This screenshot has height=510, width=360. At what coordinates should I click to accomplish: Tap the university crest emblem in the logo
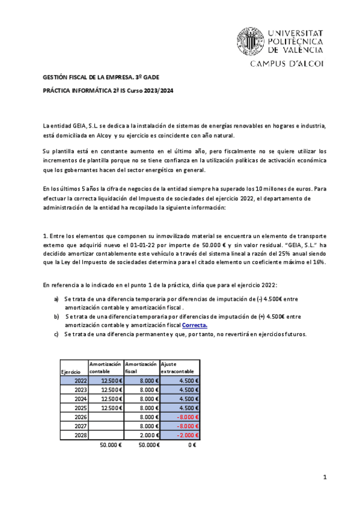(x=248, y=40)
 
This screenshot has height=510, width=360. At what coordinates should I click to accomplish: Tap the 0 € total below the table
(x=192, y=445)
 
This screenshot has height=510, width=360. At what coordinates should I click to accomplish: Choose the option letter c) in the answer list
(x=56, y=334)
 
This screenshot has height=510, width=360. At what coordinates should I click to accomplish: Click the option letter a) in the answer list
(x=56, y=298)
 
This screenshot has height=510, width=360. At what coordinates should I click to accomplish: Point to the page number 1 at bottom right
(x=324, y=477)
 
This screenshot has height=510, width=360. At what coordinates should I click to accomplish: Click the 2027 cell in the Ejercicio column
(x=80, y=426)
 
